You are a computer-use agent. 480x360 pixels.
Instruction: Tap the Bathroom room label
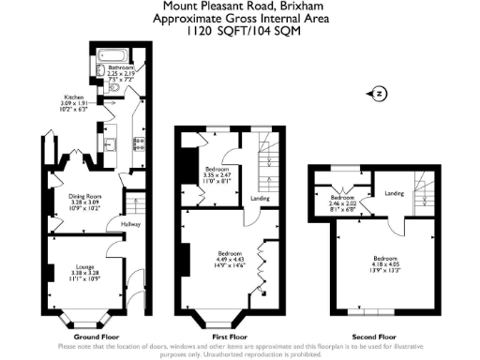pyautogui.click(x=120, y=67)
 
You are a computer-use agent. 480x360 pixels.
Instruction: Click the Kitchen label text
pyautogui.click(x=75, y=97)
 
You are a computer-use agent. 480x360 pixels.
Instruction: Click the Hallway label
pyautogui.click(x=118, y=223)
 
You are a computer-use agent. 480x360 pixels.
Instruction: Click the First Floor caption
pyautogui.click(x=229, y=335)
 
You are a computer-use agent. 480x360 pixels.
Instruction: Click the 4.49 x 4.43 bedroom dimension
pyautogui.click(x=231, y=261)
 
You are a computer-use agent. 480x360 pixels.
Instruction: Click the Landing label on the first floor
pyautogui.click(x=261, y=198)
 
